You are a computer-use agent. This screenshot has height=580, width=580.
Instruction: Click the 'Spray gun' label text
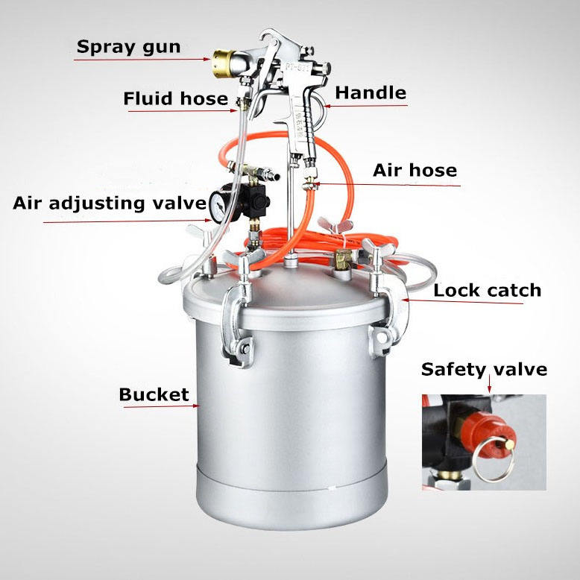point(128,48)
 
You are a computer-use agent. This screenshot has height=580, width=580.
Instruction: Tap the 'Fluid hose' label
point(176,98)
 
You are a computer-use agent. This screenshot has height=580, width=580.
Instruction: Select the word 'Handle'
point(371,92)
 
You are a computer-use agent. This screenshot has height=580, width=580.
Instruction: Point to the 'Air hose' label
point(414,170)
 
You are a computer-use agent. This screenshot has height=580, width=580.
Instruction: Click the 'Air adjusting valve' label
point(110,204)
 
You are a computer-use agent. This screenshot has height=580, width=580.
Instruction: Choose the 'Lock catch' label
point(487,290)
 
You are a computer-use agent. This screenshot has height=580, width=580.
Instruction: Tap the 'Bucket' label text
point(154,394)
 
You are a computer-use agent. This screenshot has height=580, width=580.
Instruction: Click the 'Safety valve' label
point(484,370)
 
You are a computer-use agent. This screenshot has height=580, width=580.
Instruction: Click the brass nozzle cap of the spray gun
point(223,63)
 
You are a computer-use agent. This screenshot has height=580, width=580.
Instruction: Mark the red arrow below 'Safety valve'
point(489,384)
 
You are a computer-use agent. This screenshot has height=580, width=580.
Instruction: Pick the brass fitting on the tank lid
point(344,259)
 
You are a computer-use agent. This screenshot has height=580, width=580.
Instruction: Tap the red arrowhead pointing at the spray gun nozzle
point(207,59)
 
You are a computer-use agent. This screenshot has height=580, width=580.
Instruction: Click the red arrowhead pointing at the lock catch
point(405,300)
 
